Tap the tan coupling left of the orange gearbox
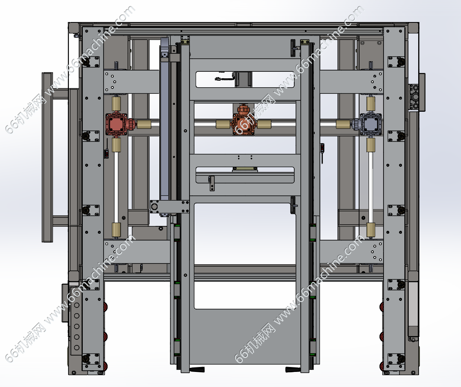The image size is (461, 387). tap(223, 124)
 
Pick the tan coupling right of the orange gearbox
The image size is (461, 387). tap(264, 124)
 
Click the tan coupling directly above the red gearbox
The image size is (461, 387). tap(117, 104)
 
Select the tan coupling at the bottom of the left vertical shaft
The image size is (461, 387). tap(117, 230)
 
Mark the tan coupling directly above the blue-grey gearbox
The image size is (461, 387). tap(371, 104)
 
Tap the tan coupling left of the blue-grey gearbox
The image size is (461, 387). tap(343, 124)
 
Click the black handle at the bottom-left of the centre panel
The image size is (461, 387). tap(197, 369)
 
